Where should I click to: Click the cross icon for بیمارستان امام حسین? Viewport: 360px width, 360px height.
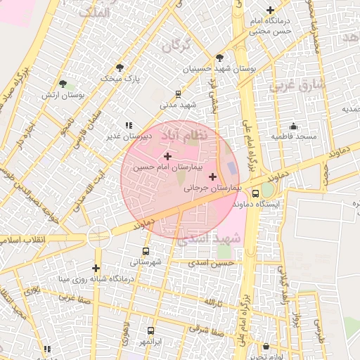click(167, 155)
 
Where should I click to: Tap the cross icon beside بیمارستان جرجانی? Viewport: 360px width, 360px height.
click(212, 176)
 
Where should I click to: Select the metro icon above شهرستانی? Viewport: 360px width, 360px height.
click(146, 251)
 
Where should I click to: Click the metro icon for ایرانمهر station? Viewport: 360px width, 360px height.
click(150, 330)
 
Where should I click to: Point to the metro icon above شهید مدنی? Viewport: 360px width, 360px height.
click(178, 94)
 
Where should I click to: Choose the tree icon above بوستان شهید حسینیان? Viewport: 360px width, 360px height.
click(220, 58)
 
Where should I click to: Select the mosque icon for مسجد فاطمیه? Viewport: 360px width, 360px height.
click(292, 125)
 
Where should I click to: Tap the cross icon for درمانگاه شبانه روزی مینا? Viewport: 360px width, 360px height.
click(96, 268)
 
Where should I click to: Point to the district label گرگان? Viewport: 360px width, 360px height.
click(176, 46)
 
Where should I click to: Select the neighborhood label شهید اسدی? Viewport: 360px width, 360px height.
click(209, 239)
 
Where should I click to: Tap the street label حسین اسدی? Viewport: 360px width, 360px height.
click(214, 262)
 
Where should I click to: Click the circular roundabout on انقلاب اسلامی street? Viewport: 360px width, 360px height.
click(99, 237)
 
